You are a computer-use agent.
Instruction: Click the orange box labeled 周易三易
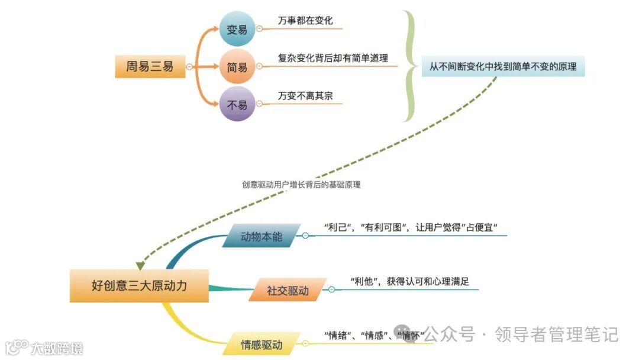pyautogui.click(x=150, y=67)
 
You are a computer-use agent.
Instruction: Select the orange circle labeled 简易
pyautogui.click(x=237, y=67)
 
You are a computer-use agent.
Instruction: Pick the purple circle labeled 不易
pyautogui.click(x=237, y=105)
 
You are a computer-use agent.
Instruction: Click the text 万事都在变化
pyautogui.click(x=305, y=21)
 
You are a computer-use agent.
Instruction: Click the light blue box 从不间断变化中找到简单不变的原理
pyautogui.click(x=503, y=67)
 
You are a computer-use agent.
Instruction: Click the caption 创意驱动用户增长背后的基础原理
pyautogui.click(x=301, y=185)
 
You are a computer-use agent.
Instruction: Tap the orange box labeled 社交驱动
pyautogui.click(x=288, y=291)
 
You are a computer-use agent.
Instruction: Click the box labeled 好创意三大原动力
pyautogui.click(x=139, y=286)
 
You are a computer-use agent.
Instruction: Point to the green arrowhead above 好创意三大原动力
pyautogui.click(x=140, y=264)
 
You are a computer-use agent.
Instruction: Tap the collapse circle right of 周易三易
pyautogui.click(x=189, y=67)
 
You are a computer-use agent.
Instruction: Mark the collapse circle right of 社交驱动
pyautogui.click(x=331, y=290)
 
